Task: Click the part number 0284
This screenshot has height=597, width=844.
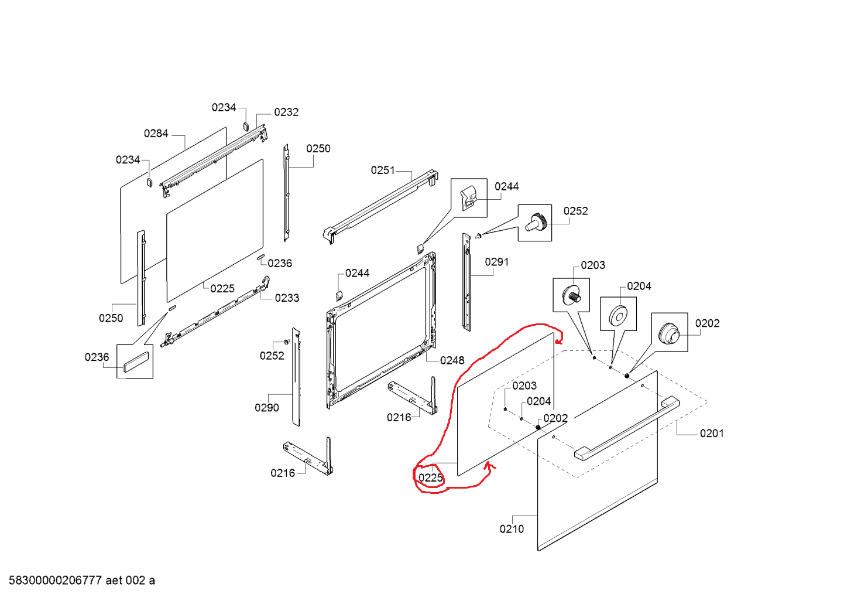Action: tap(156, 134)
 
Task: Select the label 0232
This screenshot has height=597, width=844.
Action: tap(286, 112)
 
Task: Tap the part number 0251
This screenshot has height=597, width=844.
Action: tap(383, 170)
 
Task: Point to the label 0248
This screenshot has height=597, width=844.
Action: tap(452, 360)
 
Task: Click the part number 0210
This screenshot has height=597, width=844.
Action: tap(512, 529)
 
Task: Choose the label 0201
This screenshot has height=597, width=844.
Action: tap(712, 434)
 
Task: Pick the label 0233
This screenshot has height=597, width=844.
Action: tap(287, 298)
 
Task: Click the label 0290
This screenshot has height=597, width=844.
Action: tap(267, 408)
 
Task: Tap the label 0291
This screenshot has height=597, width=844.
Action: tap(496, 262)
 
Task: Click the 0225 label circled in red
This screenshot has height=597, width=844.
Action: tap(431, 478)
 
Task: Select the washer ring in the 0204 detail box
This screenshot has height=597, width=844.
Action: tap(618, 315)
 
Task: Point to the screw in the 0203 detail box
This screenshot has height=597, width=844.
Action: tap(572, 295)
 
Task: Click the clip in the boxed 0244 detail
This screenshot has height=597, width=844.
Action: tap(469, 198)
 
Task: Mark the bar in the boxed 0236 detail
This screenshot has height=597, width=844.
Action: tap(135, 361)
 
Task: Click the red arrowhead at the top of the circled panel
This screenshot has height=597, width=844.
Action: tap(559, 342)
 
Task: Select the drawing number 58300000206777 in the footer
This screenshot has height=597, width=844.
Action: tap(56, 580)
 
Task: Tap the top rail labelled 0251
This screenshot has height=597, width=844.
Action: tap(380, 207)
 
